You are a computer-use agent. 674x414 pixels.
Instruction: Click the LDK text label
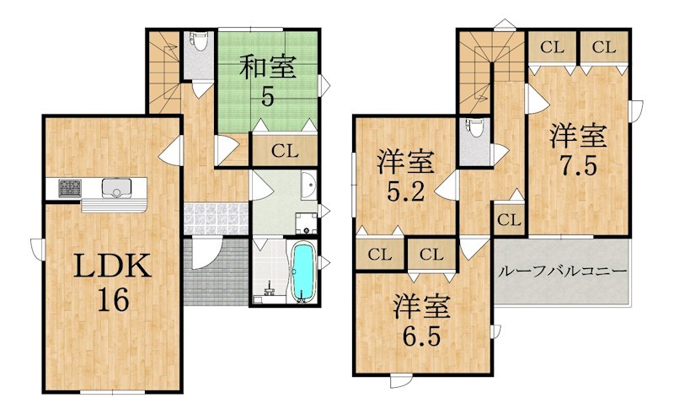[111, 268]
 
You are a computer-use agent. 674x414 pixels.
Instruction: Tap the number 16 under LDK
[111, 300]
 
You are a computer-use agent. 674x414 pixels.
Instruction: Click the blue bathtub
[302, 272]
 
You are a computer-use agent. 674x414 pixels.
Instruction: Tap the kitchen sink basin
[114, 187]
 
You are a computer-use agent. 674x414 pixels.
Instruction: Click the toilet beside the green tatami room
[198, 42]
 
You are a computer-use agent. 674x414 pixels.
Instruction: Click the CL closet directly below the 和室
[285, 152]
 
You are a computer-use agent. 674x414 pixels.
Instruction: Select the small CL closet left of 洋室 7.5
[508, 221]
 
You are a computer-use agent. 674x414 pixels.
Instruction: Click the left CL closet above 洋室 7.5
[552, 47]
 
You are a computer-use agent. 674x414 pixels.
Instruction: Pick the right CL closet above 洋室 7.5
[604, 47]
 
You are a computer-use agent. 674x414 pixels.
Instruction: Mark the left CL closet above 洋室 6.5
[380, 254]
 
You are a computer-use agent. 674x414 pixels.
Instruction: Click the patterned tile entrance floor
[214, 218]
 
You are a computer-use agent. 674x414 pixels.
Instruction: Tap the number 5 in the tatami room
[267, 96]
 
